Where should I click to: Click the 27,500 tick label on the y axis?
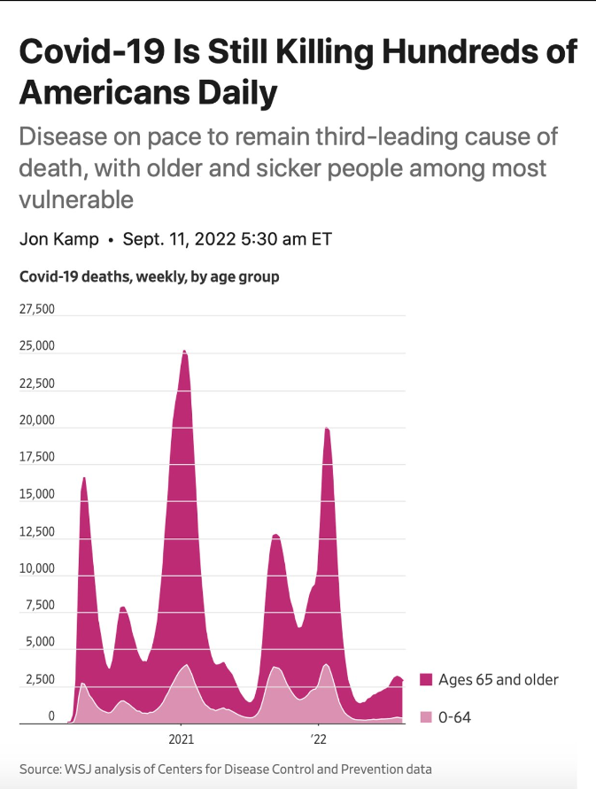tap(37, 310)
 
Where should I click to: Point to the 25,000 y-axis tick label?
tap(37, 346)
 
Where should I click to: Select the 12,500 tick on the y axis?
tap(37, 532)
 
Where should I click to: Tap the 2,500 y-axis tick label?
tap(40, 679)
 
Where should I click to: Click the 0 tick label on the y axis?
tap(51, 716)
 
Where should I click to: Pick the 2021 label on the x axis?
tap(181, 738)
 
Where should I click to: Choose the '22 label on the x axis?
tap(318, 738)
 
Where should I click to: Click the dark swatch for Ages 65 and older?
tap(426, 680)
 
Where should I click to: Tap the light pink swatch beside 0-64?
tap(426, 716)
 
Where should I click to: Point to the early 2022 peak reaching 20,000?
tap(327, 429)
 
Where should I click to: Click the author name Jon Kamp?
tap(58, 240)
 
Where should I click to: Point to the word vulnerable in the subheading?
tap(76, 198)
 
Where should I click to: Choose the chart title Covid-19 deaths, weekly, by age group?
tap(149, 276)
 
